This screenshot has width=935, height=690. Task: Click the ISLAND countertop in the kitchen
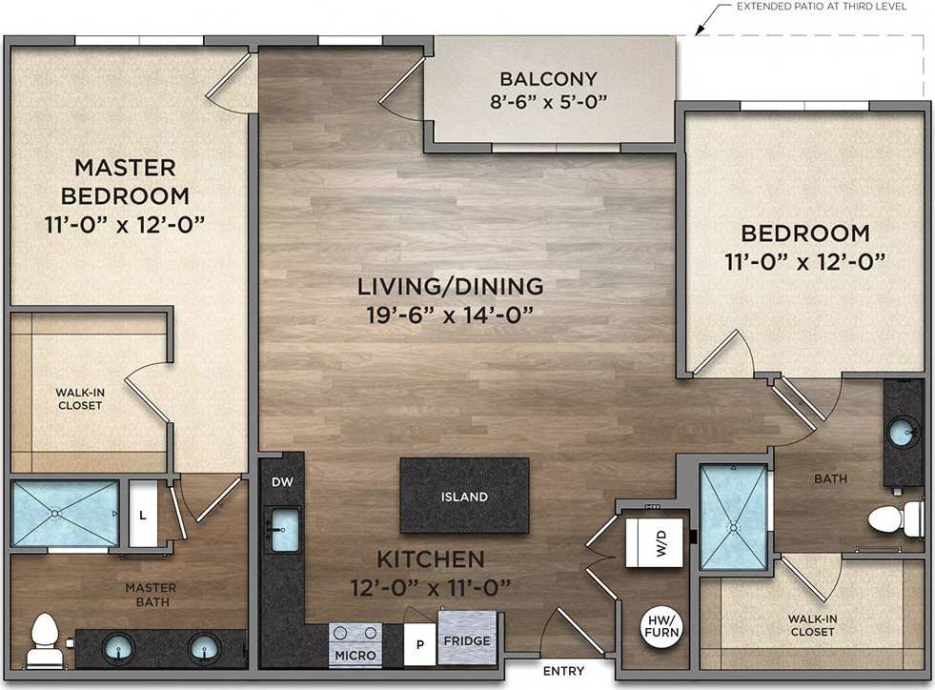(464, 496)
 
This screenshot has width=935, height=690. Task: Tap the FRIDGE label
(466, 641)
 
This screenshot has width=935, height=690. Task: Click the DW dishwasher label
(282, 481)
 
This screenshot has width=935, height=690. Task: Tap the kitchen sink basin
(284, 530)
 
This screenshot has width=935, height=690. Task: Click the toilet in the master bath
(42, 640)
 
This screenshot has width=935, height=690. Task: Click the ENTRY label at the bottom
(564, 670)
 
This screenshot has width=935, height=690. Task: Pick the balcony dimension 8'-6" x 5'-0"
(548, 101)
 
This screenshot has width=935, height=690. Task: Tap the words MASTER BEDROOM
(125, 182)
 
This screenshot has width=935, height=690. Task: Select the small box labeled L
(143, 514)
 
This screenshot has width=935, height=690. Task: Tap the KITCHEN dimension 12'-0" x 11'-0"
(430, 585)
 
